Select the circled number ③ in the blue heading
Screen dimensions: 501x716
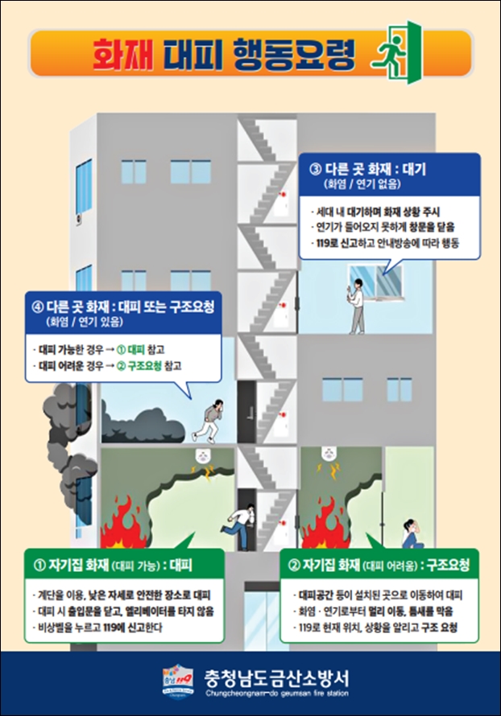point(316,170)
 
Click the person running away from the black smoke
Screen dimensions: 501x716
point(209,421)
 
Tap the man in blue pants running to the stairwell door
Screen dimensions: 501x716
point(239,525)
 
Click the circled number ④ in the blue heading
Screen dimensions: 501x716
point(38,307)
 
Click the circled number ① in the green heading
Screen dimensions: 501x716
point(39,566)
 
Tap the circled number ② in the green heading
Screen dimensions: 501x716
point(294,566)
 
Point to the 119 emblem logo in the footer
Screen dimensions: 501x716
point(178,681)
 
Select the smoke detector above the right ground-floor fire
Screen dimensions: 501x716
point(328,454)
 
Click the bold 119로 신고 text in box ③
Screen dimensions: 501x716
point(339,243)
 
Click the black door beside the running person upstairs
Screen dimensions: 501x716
point(246,413)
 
